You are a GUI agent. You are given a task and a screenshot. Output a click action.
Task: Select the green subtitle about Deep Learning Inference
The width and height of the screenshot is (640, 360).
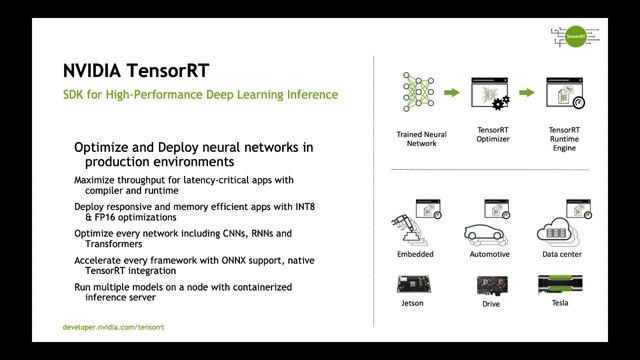pos(200,95)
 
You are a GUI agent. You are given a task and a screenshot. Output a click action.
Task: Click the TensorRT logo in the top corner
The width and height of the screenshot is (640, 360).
pos(572,37)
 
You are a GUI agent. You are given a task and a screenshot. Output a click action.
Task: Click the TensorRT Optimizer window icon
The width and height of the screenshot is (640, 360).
pos(491,95)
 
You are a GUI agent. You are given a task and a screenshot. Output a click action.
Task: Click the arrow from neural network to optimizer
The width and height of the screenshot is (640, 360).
pos(453,93)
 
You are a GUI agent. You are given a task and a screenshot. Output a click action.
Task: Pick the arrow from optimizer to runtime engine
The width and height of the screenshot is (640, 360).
pos(528,93)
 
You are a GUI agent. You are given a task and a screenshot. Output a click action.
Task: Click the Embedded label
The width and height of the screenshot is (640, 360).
pos(415,254)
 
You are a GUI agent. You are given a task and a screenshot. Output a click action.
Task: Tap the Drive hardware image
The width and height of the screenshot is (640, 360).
pos(490,284)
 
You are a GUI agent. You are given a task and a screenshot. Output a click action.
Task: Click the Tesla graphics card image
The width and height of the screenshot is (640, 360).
pos(561,284)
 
